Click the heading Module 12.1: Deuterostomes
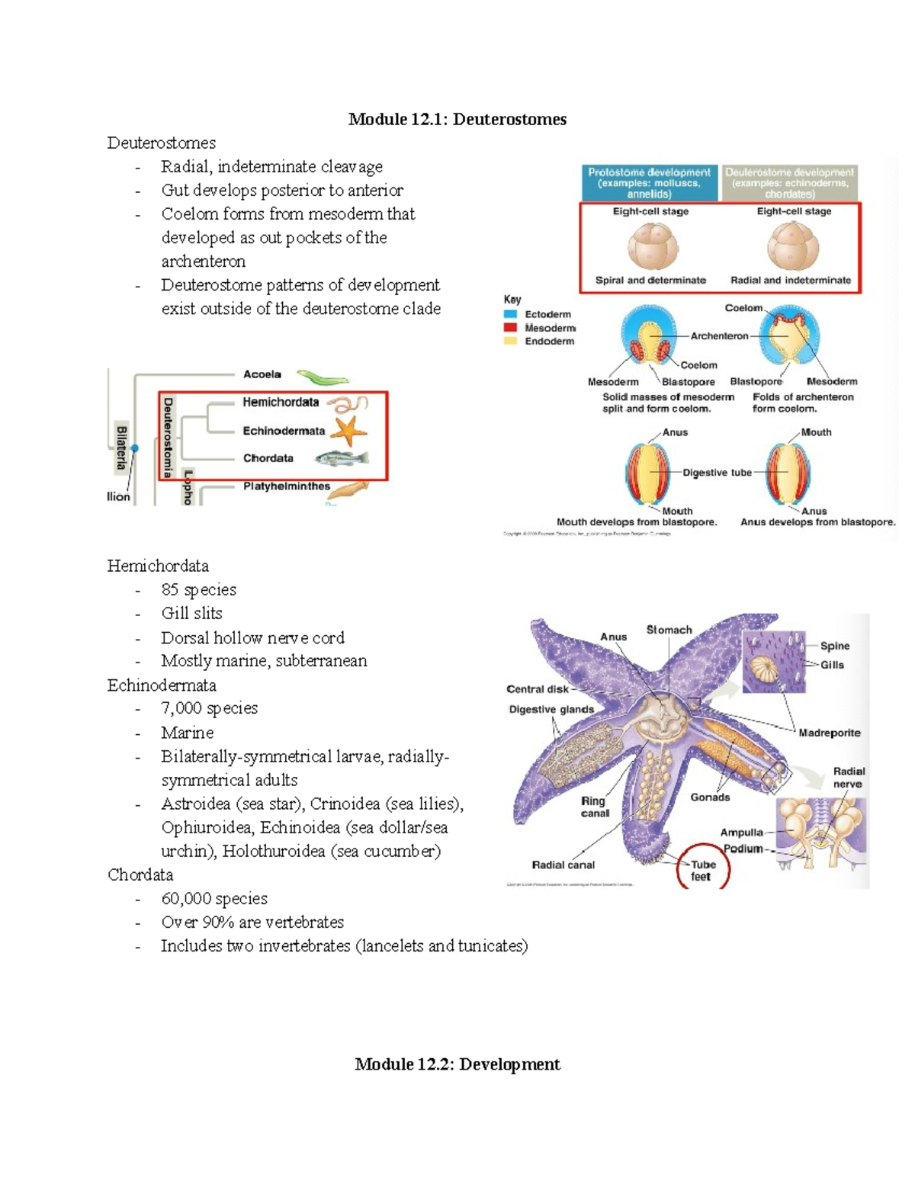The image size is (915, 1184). pos(457,119)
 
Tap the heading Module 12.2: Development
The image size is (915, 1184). pos(457,1064)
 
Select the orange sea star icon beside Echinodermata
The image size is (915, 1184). pos(350,431)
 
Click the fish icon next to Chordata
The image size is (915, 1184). pos(342,458)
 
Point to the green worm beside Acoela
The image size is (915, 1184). pos(323,377)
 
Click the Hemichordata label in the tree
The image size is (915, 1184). pos(281,402)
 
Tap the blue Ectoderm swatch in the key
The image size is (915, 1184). pos(510,314)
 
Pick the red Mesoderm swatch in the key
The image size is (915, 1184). pos(510,328)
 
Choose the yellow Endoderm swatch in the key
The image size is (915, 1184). pos(510,341)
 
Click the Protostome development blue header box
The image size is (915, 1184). pos(649,183)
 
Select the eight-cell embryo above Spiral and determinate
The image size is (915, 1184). pos(653,246)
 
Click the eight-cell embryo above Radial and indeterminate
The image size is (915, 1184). pos(793,246)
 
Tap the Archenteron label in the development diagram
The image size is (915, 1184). pos(719,335)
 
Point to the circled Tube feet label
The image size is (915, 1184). pos(702,870)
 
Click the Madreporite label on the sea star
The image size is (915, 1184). pos(829,733)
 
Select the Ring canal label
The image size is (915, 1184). pos(594,807)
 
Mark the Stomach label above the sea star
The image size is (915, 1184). pos(669,630)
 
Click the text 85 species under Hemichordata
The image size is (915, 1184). pos(198,589)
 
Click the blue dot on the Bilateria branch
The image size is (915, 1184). pos(135,448)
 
